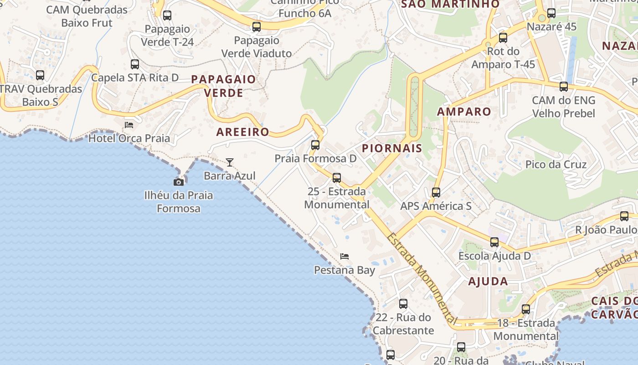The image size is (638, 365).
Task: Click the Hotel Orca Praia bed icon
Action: [129, 125]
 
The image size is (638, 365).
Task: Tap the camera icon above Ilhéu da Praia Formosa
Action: [179, 182]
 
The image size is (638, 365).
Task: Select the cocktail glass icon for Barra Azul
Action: [230, 162]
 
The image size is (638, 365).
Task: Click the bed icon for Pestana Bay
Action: [345, 256]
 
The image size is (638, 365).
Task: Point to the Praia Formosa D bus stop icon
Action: [315, 145]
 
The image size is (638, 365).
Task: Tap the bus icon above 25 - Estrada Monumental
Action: [337, 177]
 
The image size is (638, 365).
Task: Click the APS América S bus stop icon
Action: [436, 192]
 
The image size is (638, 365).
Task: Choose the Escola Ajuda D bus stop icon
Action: [494, 242]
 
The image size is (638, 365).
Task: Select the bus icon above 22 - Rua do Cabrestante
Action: [403, 303]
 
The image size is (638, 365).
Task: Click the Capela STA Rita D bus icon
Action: [135, 64]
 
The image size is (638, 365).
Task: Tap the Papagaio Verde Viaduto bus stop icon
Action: [257, 27]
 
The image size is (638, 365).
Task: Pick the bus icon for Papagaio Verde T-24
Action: [167, 15]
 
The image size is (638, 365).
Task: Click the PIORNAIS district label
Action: [392, 148]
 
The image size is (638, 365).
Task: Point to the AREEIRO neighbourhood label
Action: [243, 132]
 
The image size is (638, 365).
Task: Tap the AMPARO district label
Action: [464, 112]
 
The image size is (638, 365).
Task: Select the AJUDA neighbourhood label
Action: [488, 281]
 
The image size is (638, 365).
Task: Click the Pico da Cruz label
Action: [556, 164]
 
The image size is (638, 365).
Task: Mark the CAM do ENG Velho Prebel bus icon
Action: [564, 86]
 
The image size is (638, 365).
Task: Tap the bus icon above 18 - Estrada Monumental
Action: [526, 309]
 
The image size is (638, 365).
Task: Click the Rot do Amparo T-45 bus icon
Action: [503, 37]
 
